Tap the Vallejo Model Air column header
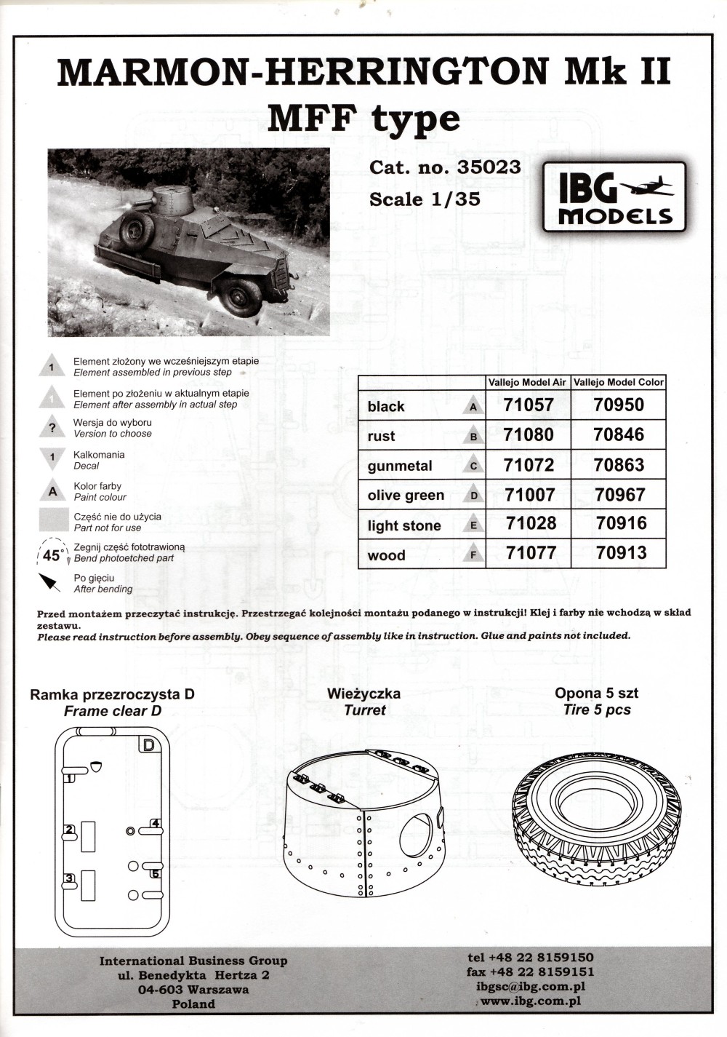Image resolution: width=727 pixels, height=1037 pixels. pyautogui.click(x=528, y=382)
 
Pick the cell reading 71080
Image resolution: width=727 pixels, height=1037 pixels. pyautogui.click(x=529, y=435)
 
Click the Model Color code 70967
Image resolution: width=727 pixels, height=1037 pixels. pyautogui.click(x=619, y=495)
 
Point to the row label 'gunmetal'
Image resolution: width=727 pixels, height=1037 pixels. pyautogui.click(x=400, y=466)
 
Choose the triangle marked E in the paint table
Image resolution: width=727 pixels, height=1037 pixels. pyautogui.click(x=473, y=526)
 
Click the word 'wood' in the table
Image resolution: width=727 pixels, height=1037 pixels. pyautogui.click(x=386, y=555)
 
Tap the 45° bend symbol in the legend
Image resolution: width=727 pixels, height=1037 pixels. pyautogui.click(x=52, y=555)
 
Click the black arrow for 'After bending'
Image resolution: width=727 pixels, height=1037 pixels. pyautogui.click(x=49, y=582)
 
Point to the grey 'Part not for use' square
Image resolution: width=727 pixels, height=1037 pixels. pyautogui.click(x=52, y=522)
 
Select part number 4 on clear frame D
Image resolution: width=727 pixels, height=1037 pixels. pyautogui.click(x=156, y=824)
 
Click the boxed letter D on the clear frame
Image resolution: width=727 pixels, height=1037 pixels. pyautogui.click(x=148, y=745)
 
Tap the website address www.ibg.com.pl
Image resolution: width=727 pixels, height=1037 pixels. pyautogui.click(x=530, y=1001)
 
